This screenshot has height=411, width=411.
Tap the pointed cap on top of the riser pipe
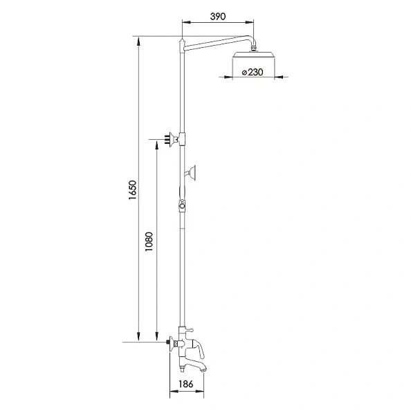click(x=181, y=43)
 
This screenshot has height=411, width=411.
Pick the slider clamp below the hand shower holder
click(x=182, y=205)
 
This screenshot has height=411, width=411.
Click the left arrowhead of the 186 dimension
click(x=172, y=392)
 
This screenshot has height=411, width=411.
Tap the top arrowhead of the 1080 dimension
click(x=157, y=143)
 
